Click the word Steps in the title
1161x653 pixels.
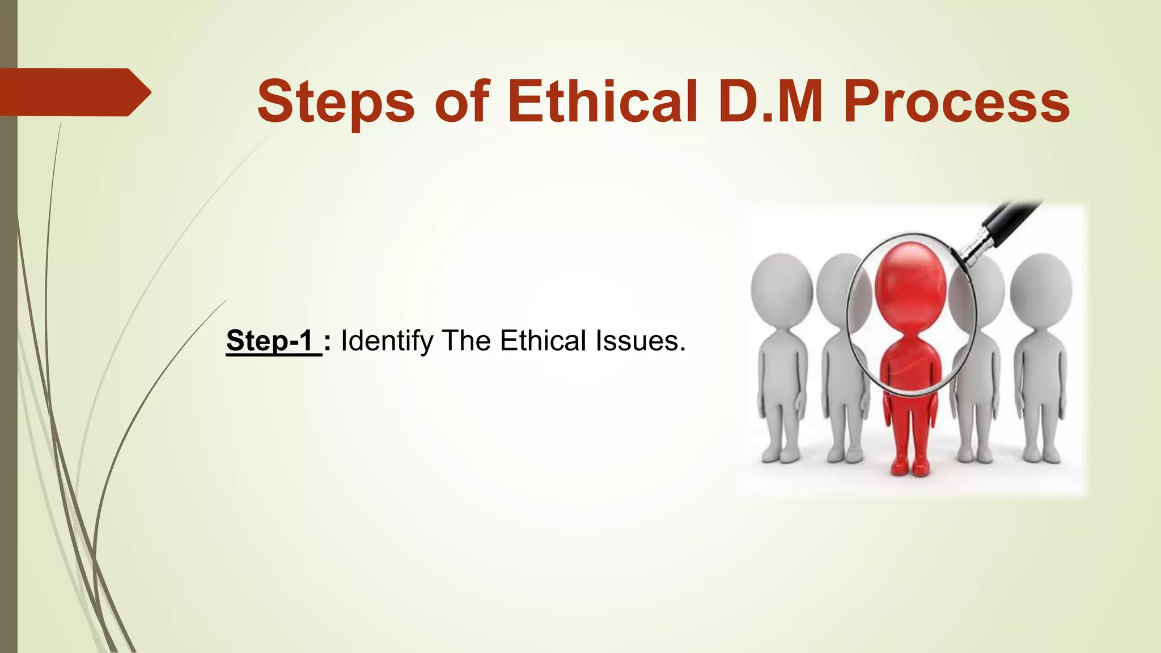tap(336, 102)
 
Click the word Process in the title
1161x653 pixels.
tap(957, 102)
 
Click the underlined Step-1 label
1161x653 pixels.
tap(270, 341)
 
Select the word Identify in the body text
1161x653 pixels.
tap(387, 342)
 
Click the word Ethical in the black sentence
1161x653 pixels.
tap(543, 341)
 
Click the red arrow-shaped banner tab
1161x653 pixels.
tap(74, 92)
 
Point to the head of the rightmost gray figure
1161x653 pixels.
tap(1041, 289)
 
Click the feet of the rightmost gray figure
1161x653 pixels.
tap(1042, 453)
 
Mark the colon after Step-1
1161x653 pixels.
tap(328, 342)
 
